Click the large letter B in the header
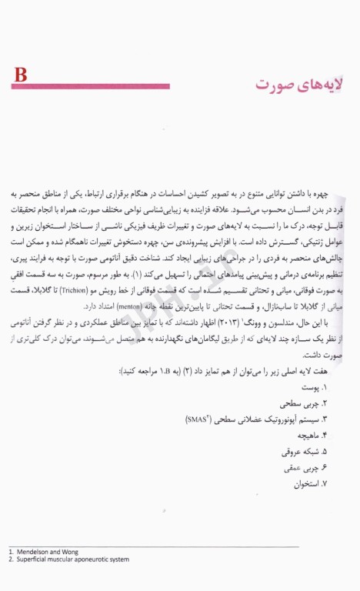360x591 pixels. click(21, 75)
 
